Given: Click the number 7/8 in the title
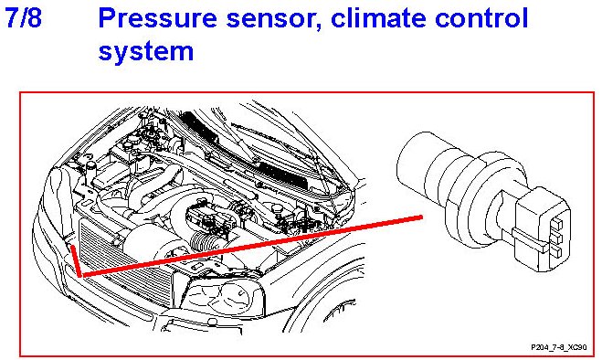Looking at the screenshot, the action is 23,18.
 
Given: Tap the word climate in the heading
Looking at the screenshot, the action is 378,18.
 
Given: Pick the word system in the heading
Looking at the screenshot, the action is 146,52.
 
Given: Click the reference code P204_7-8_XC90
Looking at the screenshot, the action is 559,347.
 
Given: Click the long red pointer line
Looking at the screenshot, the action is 252,246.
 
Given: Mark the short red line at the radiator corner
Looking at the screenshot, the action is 76,260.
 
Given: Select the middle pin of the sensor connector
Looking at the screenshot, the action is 556,238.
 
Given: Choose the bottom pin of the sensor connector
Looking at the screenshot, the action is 555,252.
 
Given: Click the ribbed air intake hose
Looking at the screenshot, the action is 204,243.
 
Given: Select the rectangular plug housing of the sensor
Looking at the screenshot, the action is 542,229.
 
